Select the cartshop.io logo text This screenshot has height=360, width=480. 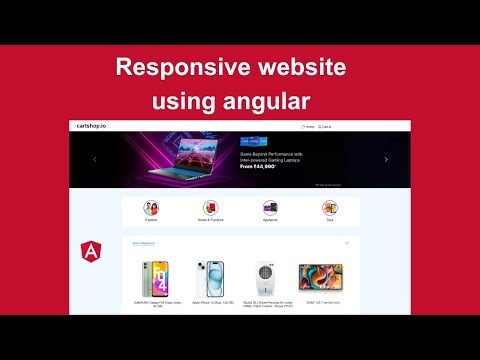90,127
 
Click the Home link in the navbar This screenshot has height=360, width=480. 308,127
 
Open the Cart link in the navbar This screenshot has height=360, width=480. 326,127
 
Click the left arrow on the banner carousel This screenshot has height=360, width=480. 95,159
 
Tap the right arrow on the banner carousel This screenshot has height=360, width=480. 386,159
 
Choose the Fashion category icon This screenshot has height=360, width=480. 151,208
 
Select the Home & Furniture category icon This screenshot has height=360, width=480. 210,208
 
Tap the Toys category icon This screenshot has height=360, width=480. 329,208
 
